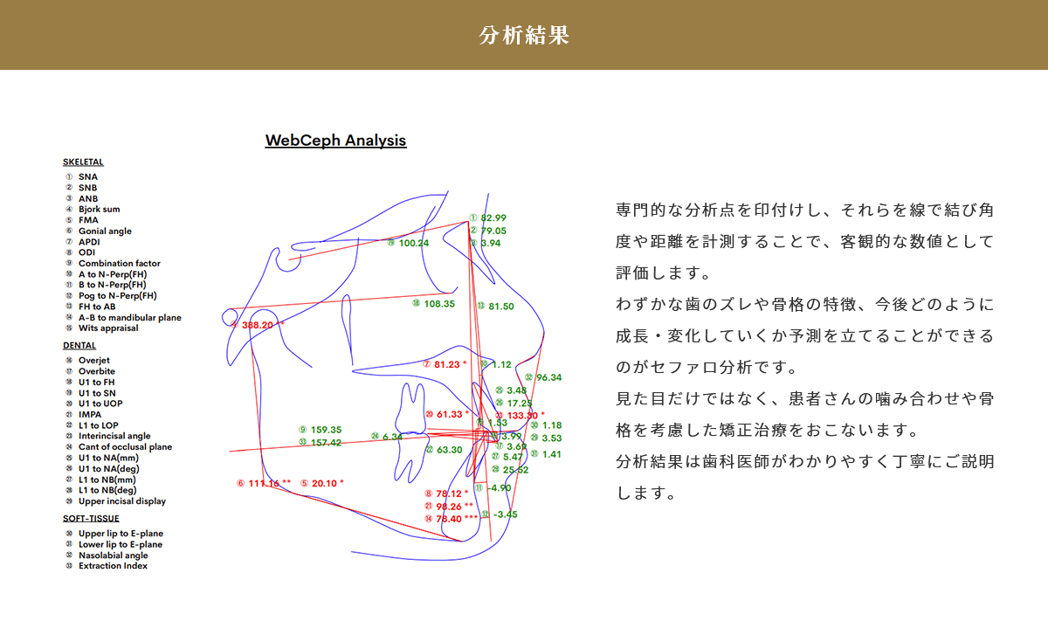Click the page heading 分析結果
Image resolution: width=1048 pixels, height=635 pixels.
click(524, 35)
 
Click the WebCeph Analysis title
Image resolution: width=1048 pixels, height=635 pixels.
click(335, 140)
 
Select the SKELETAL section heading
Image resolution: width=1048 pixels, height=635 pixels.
click(83, 162)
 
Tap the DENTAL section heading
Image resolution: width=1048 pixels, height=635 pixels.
click(79, 346)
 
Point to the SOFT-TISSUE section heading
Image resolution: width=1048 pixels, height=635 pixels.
click(91, 519)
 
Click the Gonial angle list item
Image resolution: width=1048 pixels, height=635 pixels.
click(104, 231)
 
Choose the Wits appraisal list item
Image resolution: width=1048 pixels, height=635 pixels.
click(107, 328)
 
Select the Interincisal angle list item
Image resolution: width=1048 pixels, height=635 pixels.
click(114, 436)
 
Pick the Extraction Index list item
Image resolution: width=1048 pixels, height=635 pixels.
click(112, 566)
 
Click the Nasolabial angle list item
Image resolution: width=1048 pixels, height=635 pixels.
click(113, 556)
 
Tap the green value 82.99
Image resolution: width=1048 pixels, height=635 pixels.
click(493, 218)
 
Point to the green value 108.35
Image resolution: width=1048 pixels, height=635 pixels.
click(438, 304)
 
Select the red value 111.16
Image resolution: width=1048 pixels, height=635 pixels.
click(264, 484)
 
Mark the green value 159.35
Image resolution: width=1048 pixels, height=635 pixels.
click(326, 430)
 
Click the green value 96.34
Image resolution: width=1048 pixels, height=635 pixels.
click(548, 377)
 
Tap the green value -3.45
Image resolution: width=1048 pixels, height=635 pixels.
click(505, 514)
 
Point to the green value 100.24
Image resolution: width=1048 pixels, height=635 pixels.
click(413, 243)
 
